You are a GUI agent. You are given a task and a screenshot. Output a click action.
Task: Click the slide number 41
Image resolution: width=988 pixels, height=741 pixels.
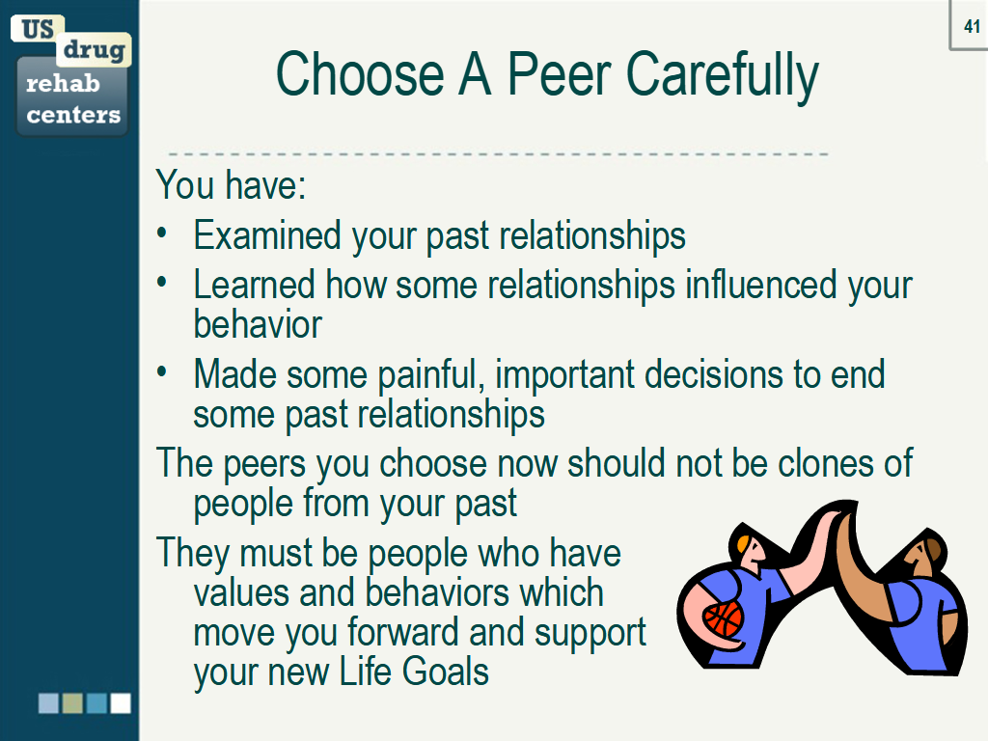[x=972, y=26]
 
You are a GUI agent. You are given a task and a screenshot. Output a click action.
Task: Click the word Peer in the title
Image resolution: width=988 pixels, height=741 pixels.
[x=559, y=74]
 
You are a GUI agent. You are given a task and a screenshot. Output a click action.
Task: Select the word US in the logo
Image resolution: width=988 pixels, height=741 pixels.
[x=38, y=29]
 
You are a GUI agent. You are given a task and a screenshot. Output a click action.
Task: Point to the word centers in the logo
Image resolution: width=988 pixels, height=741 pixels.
[x=73, y=115]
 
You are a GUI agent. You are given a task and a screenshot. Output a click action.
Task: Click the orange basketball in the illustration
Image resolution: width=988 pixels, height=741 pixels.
[x=723, y=619]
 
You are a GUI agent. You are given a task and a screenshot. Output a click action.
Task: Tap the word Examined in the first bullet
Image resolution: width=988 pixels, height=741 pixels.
[x=267, y=235]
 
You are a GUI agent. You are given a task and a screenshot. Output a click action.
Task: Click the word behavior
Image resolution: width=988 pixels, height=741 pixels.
[x=258, y=324]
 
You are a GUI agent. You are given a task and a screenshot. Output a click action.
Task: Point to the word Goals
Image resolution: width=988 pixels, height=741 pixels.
[x=446, y=672]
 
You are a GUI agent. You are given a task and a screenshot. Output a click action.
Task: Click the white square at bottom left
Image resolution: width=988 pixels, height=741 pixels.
[x=121, y=703]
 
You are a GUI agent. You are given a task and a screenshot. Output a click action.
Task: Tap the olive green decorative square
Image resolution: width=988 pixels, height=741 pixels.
[x=72, y=703]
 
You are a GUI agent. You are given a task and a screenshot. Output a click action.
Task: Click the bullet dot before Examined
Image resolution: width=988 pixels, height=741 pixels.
[x=162, y=233]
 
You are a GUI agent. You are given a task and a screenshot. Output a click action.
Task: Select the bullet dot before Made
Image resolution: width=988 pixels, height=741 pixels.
[x=162, y=371]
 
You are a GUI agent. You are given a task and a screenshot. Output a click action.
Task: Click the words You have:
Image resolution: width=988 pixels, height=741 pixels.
[x=231, y=184]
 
